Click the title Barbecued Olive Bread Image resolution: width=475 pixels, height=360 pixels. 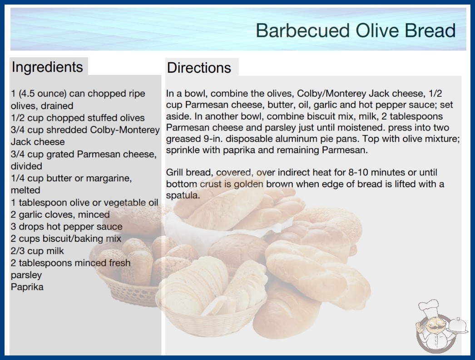pos(356,30)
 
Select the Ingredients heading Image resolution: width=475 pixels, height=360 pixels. pos(47,67)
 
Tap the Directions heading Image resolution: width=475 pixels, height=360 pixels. pos(199,68)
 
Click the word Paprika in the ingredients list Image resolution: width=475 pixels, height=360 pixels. pos(27,287)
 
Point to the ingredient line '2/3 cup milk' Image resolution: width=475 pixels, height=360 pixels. pos(37,251)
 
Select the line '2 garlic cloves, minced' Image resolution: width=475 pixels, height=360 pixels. pos(60,215)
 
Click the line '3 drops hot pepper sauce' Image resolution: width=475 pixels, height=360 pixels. pos(67,226)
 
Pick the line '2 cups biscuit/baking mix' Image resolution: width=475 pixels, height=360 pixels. pos(66,239)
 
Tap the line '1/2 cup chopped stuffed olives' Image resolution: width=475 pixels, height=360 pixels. pos(78,118)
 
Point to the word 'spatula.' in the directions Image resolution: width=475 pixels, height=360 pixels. pos(183,195)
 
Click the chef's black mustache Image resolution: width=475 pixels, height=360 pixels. pos(434,328)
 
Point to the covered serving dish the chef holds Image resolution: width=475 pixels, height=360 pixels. pos(458,326)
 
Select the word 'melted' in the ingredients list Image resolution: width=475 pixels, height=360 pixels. pos(25,190)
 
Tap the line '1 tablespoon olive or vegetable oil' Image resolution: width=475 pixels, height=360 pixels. pos(84,203)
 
